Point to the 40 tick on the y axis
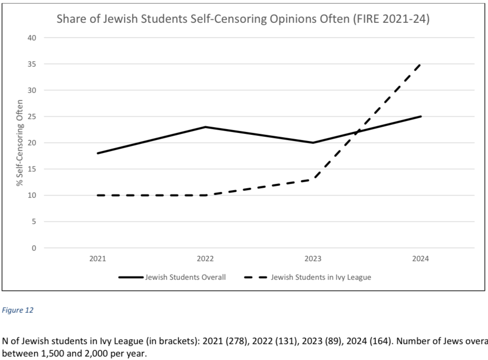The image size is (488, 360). tap(32, 38)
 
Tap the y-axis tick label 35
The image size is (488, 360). tap(32, 64)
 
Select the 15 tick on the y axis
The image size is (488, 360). tap(32, 169)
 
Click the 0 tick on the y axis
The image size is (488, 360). tap(34, 248)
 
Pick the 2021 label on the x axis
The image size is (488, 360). tap(97, 259)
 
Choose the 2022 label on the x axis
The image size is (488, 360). tap(205, 259)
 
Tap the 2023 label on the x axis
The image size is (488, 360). tap(313, 259)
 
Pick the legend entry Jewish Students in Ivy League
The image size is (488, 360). tap(321, 277)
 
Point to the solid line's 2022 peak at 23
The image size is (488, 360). tap(205, 127)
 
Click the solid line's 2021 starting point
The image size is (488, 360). tap(97, 153)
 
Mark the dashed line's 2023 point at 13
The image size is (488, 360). tap(313, 180)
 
